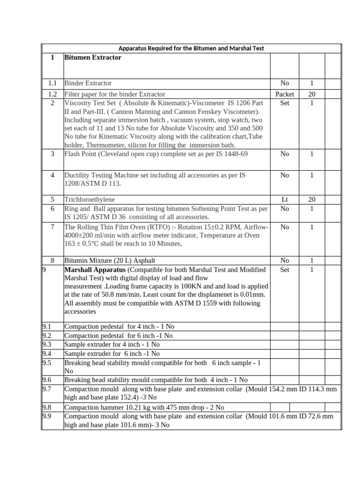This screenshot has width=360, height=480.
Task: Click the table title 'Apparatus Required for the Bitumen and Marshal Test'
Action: [x=191, y=48]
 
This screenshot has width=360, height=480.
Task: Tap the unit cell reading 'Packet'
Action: [x=285, y=94]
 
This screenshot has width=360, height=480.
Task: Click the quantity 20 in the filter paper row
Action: [x=311, y=94]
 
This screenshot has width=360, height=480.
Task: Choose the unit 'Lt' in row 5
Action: [x=285, y=199]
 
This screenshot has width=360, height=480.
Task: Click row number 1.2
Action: [x=52, y=94]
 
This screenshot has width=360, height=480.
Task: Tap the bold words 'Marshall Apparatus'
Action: [x=94, y=270]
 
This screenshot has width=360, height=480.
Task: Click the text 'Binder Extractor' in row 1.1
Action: [x=88, y=83]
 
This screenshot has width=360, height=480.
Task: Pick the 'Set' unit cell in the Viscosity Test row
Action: [x=285, y=103]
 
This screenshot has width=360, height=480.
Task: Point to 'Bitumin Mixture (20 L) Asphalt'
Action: [x=110, y=260]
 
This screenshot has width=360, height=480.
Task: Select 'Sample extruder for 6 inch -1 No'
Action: [x=112, y=353]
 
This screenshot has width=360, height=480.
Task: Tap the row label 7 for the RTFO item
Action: [x=52, y=227]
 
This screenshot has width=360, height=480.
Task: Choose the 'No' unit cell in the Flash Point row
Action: [x=285, y=153]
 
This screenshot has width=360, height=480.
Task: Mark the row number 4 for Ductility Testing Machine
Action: [x=52, y=175]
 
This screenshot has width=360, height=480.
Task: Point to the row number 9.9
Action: [x=47, y=416]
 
